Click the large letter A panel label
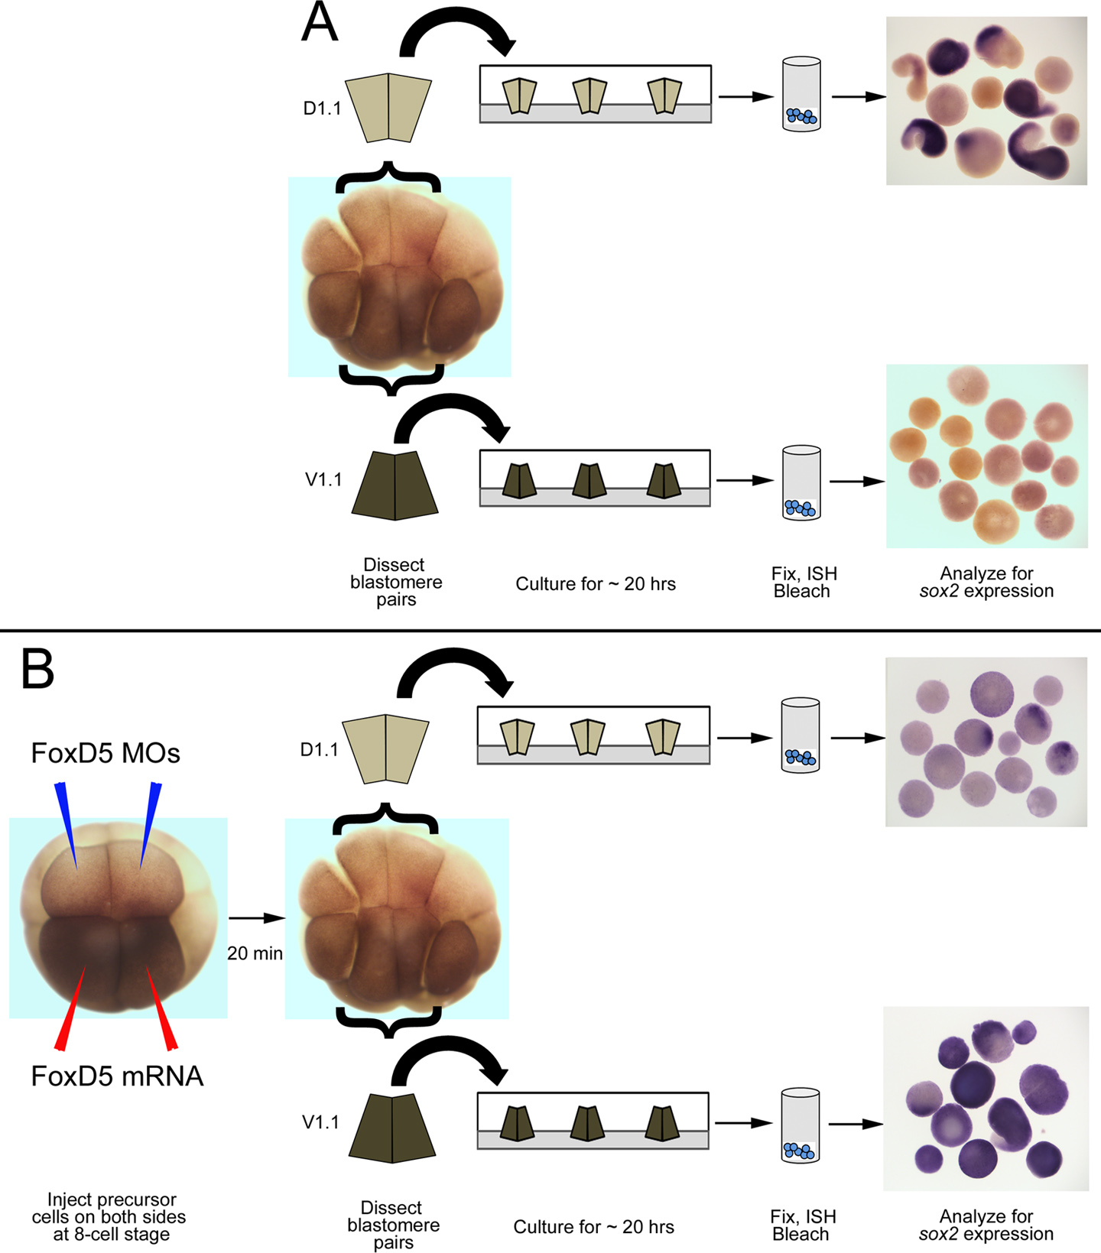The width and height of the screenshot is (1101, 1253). (x=319, y=23)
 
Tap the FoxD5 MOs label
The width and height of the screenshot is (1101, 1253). (x=106, y=754)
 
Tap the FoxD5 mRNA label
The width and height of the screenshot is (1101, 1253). (x=117, y=1076)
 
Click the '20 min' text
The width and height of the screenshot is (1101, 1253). (x=255, y=953)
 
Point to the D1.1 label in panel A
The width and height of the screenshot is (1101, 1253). (x=322, y=109)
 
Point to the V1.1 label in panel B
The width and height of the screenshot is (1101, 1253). (x=320, y=1122)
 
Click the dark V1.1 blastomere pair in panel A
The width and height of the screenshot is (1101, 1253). (x=395, y=485)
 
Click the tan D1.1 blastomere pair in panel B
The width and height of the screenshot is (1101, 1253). (x=385, y=749)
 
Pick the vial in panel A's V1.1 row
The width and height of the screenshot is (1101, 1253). (x=801, y=483)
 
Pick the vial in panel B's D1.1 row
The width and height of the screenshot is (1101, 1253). (x=800, y=735)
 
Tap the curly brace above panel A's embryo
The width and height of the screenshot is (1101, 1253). (x=388, y=176)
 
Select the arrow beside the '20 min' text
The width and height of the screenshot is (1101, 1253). (x=256, y=917)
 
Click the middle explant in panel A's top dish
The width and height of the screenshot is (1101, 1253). (x=589, y=96)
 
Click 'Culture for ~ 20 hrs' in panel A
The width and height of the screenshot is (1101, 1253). (x=596, y=584)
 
